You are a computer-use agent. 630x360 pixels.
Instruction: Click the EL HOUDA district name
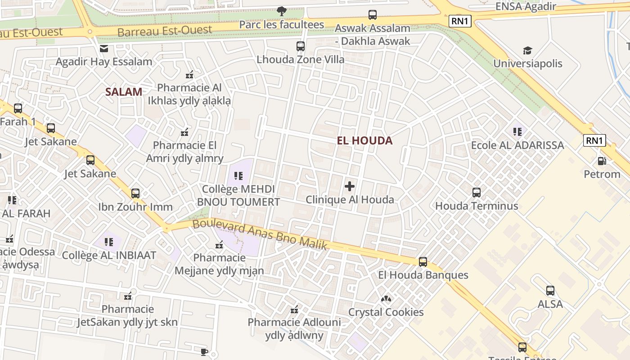(364, 140)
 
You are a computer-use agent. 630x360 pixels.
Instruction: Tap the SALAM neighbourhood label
(124, 92)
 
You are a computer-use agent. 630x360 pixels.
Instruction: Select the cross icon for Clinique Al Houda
(350, 186)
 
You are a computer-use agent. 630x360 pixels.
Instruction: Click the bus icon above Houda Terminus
(477, 193)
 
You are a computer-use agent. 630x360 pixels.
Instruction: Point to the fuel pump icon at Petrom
(601, 161)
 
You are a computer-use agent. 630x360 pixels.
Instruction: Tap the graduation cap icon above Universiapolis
(527, 50)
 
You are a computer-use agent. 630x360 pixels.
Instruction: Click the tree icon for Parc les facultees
(282, 11)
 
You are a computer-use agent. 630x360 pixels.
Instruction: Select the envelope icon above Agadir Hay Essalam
(104, 49)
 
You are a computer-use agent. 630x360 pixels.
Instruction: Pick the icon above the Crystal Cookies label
(386, 299)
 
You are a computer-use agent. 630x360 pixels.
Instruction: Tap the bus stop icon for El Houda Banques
(423, 262)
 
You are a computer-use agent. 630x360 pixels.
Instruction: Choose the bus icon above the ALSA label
(550, 291)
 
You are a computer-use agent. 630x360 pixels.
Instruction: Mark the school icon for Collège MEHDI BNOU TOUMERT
(238, 175)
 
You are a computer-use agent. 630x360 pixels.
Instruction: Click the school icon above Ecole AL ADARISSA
(517, 132)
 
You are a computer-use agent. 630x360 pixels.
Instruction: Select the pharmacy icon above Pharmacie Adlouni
(294, 310)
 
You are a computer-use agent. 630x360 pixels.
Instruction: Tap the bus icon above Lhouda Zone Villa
(300, 46)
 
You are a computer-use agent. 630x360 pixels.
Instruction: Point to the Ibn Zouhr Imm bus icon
(135, 193)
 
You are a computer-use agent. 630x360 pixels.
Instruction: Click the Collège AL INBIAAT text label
(109, 255)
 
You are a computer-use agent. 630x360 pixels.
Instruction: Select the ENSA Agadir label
(526, 6)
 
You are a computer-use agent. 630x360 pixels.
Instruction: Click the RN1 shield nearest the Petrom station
(594, 140)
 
